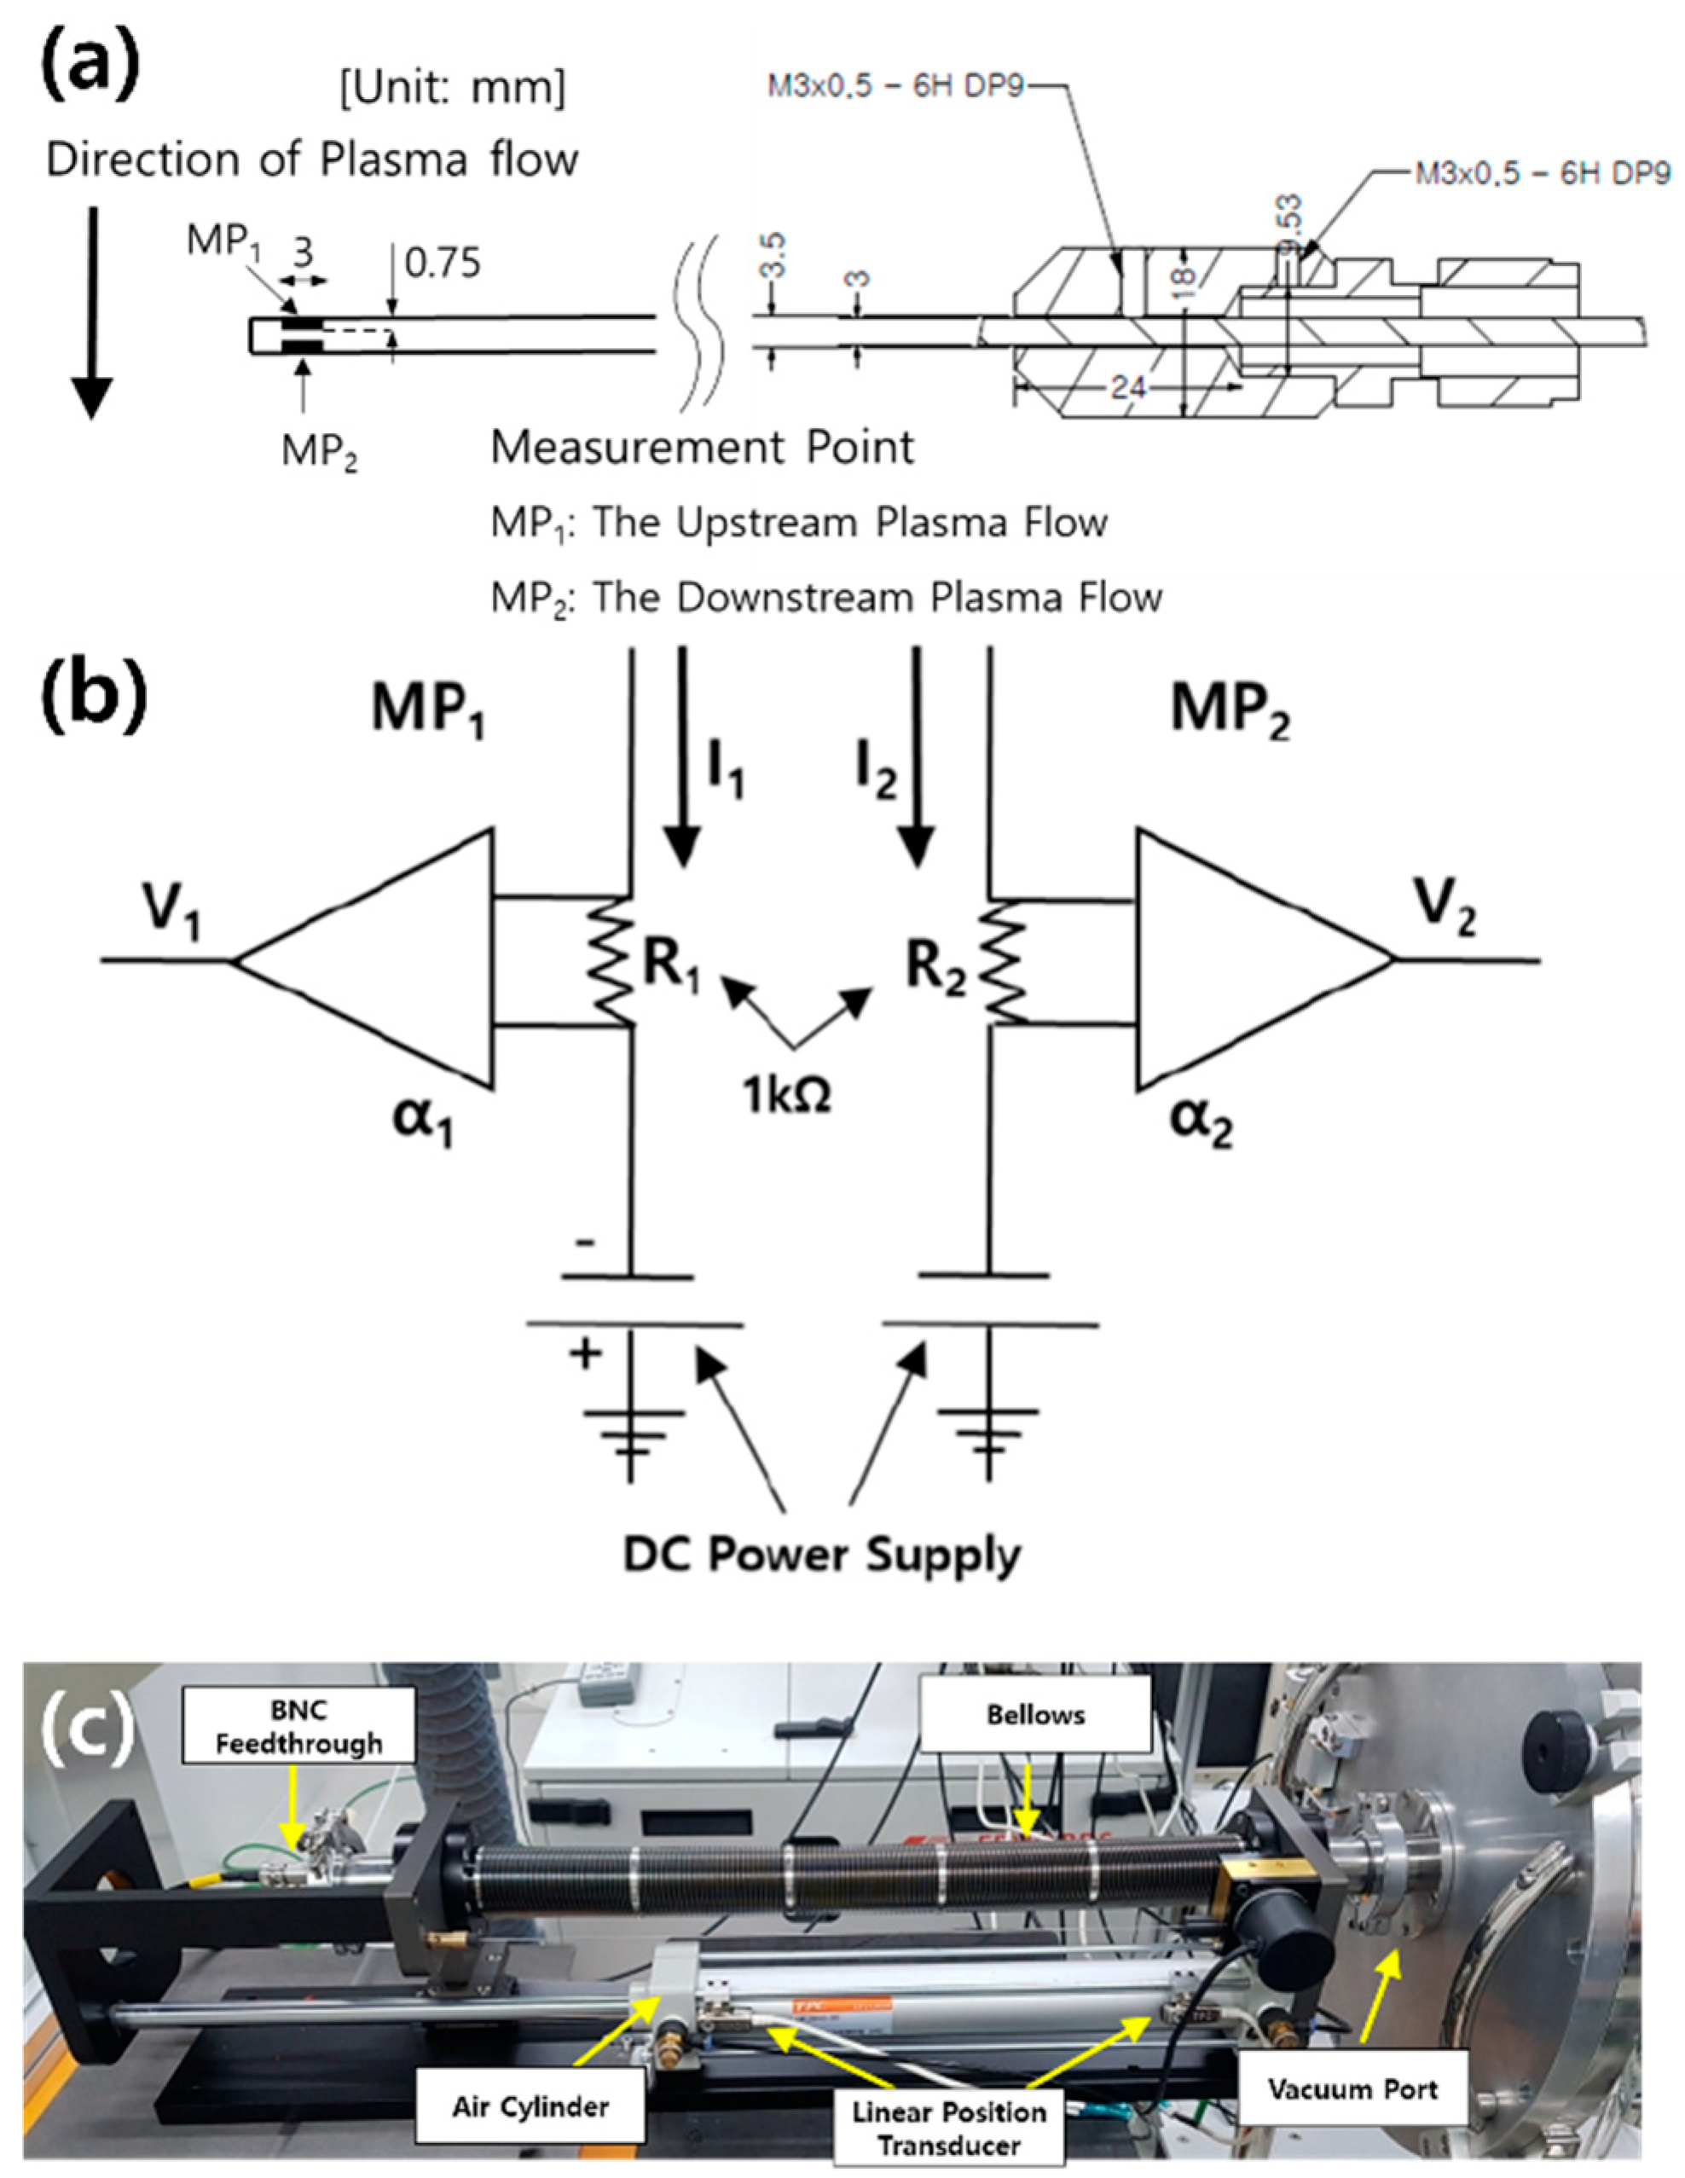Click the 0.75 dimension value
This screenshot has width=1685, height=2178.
coord(442,264)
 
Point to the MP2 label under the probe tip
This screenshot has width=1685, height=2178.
coord(319,453)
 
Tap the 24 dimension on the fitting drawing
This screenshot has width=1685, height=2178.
coord(1126,386)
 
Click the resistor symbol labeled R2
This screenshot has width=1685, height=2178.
coord(1006,959)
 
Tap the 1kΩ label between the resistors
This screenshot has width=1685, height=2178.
coord(788,1096)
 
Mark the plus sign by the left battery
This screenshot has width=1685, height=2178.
coord(584,1353)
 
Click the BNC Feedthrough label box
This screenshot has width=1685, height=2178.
coord(299,1726)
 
